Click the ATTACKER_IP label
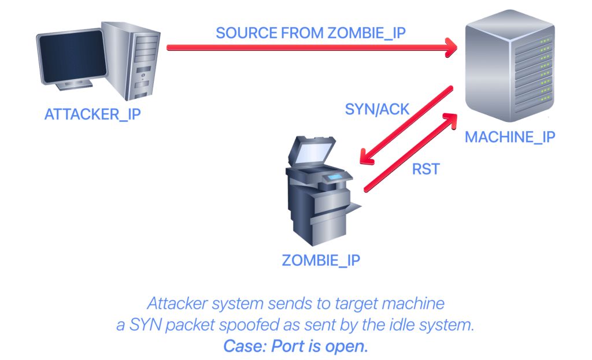click(x=92, y=114)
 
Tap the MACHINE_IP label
click(x=510, y=137)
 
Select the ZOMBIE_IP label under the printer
click(x=321, y=261)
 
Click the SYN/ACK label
click(x=377, y=109)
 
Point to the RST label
click(x=426, y=169)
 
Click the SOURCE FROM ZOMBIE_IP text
click(x=310, y=33)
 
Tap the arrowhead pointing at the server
click(x=451, y=47)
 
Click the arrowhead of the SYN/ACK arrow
click(x=366, y=157)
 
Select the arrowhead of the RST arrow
click(x=450, y=120)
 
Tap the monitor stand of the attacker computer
click(x=74, y=86)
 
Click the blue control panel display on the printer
click(x=335, y=177)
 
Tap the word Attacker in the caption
click(x=177, y=303)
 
